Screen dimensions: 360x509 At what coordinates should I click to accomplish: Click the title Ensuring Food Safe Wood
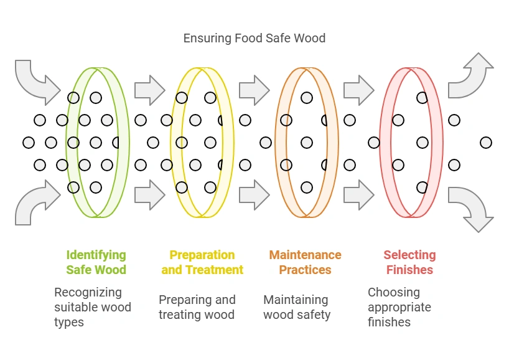coord(254,38)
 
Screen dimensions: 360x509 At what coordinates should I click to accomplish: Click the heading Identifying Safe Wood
coord(96,262)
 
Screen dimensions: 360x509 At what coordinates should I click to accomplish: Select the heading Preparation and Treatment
coord(202,262)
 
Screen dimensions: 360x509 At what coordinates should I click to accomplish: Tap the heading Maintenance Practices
coord(305,262)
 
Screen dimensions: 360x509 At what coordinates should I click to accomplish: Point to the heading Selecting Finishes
coord(409,262)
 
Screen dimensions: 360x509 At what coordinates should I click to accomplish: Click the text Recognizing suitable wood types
coord(93,307)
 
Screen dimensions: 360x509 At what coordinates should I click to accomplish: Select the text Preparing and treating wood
coord(197,307)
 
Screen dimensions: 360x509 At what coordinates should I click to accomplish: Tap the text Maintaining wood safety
coord(297,307)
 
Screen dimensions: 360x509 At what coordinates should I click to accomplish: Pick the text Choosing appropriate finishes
coord(399,307)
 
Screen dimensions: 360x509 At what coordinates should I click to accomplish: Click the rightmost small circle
coord(486,143)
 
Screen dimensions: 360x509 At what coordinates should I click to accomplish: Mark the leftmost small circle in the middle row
coord(29,143)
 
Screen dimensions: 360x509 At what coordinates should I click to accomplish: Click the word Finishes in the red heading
coord(409,270)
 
